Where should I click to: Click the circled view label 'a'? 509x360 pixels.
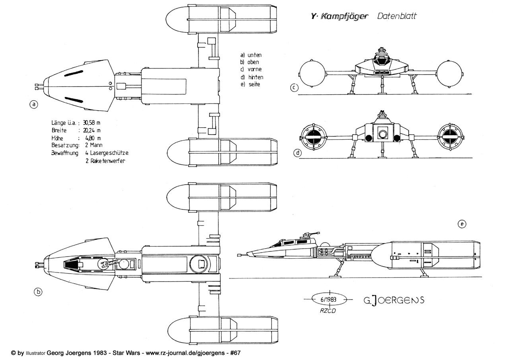click(x=34, y=105)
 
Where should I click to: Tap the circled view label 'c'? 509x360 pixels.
click(x=294, y=88)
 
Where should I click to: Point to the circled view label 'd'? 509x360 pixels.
click(x=297, y=153)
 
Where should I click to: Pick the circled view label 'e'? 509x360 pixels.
click(x=461, y=224)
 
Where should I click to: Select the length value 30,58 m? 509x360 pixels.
click(x=95, y=123)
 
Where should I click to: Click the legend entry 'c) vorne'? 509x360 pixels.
click(x=251, y=70)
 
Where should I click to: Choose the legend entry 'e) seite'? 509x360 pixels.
click(x=250, y=85)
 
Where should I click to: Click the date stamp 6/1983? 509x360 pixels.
click(x=327, y=300)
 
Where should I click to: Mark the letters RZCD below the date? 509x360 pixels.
click(x=328, y=311)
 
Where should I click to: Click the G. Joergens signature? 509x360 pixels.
click(x=394, y=300)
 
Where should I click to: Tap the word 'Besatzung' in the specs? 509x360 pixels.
click(x=65, y=145)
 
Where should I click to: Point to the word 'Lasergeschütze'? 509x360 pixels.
click(x=109, y=153)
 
